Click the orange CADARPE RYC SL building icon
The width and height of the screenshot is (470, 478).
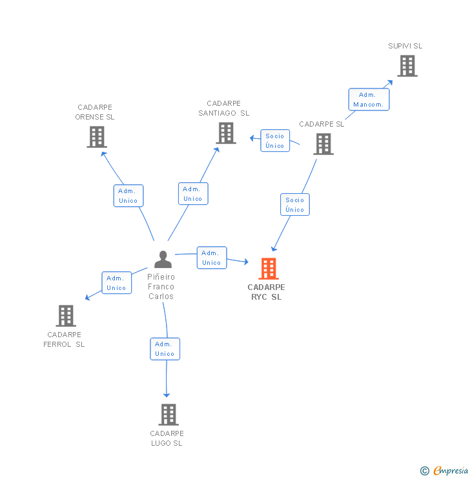[268, 268]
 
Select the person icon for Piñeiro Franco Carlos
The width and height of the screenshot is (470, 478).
[163, 259]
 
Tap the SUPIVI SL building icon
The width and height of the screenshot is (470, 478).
[407, 66]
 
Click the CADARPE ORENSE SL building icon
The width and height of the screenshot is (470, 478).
[96, 137]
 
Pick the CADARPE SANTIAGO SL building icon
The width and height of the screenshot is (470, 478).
[225, 133]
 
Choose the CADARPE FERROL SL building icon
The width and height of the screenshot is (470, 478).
[65, 316]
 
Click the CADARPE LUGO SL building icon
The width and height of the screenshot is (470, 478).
[168, 415]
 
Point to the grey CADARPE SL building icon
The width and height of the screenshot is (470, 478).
[323, 144]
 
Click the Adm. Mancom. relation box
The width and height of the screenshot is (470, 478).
[369, 99]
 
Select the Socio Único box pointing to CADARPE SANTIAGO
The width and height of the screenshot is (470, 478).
[275, 141]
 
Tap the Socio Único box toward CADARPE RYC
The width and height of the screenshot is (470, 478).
[295, 205]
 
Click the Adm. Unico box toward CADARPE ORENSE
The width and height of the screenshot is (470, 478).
[128, 196]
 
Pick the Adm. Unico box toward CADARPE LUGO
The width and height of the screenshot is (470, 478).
[165, 349]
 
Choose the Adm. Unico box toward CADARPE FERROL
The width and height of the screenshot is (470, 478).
[117, 283]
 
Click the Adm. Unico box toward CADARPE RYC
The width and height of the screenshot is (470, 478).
[212, 258]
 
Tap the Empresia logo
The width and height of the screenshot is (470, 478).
[450, 471]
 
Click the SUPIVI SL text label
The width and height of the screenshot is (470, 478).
[405, 46]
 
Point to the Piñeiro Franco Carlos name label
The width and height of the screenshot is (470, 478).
[161, 287]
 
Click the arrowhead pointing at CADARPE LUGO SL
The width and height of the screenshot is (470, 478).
[167, 394]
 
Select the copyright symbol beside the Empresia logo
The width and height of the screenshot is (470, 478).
[425, 471]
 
